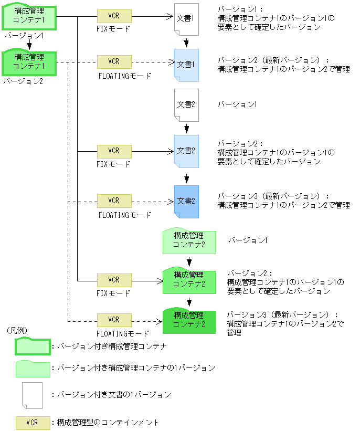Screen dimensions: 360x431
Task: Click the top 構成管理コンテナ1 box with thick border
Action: [x=29, y=17]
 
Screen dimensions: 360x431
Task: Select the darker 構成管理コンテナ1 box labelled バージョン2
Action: [x=29, y=62]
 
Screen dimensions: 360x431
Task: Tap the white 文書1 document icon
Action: [x=186, y=19]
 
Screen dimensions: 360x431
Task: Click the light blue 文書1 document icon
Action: [x=186, y=66]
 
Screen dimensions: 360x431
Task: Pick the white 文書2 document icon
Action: [x=186, y=105]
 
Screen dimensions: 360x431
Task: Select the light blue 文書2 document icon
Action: [x=186, y=152]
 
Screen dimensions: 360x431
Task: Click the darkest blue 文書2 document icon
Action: [x=186, y=202]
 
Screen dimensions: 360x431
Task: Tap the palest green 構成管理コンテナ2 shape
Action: [x=189, y=241]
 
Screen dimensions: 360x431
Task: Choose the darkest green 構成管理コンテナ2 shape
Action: [x=189, y=321]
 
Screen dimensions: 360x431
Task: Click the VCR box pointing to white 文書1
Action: [x=114, y=16]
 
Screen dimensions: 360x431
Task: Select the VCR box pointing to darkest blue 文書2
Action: [x=114, y=201]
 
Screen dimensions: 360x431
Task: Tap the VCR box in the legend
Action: [x=33, y=423]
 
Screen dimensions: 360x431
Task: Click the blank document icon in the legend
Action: [x=32, y=395]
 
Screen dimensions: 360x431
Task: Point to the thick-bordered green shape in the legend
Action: [x=33, y=346]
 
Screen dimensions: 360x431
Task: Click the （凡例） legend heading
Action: [x=17, y=330]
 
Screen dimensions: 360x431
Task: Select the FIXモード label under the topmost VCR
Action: [x=113, y=29]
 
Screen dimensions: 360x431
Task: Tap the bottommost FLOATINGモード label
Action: [x=123, y=334]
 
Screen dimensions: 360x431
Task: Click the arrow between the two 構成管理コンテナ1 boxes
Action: [x=29, y=44]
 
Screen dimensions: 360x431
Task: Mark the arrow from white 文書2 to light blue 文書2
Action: [x=187, y=129]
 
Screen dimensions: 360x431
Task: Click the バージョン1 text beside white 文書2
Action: [x=237, y=104]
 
